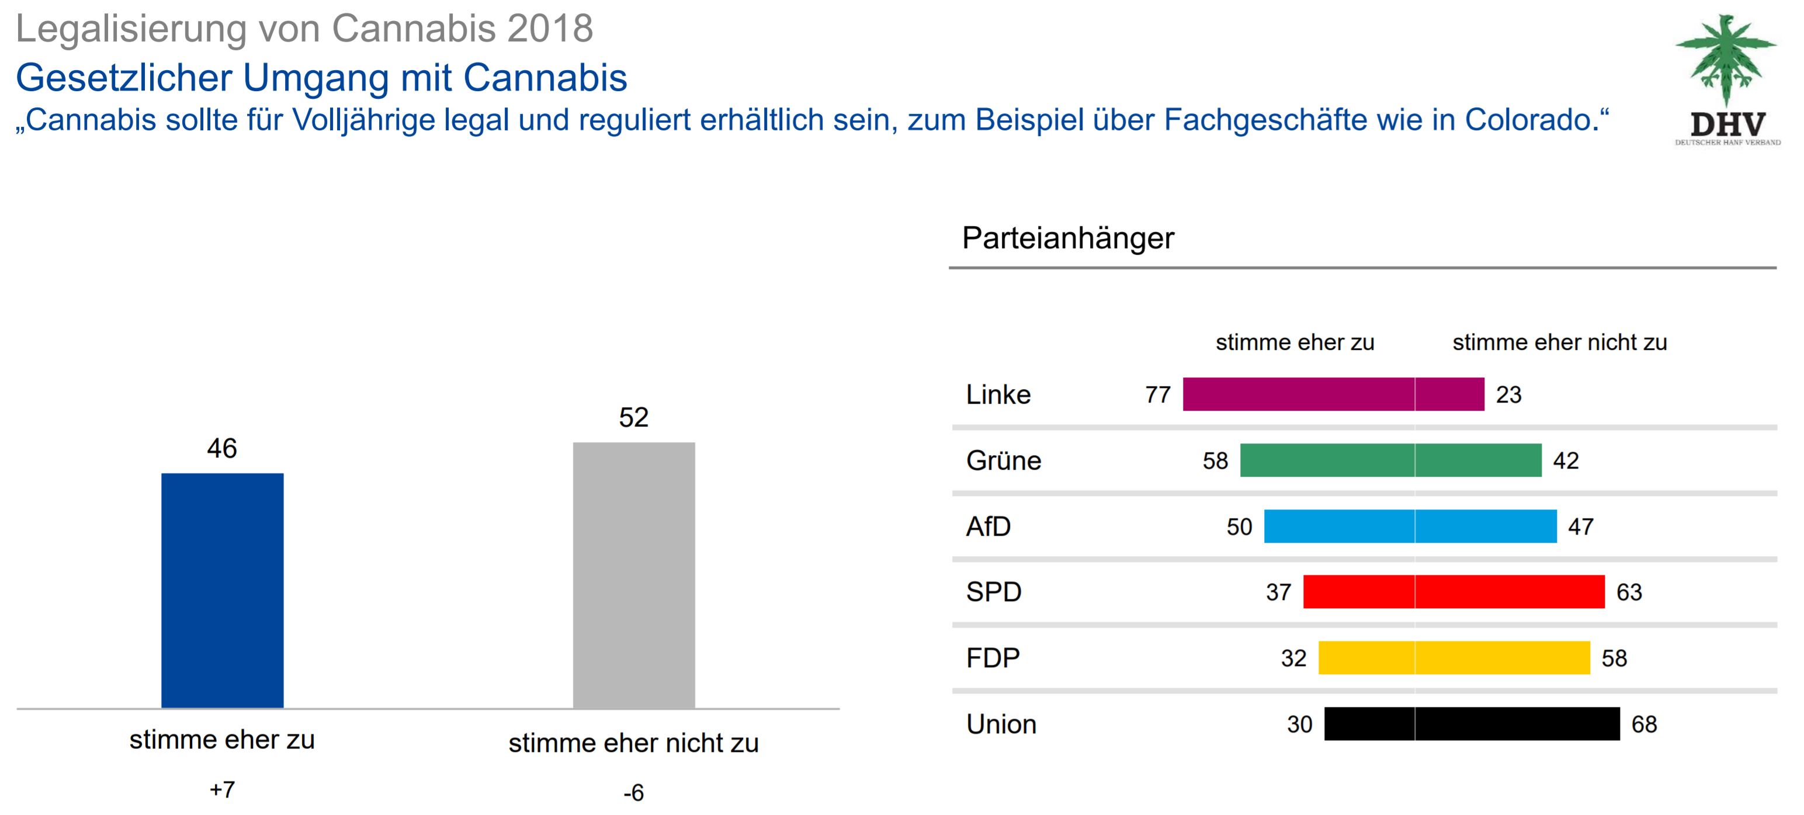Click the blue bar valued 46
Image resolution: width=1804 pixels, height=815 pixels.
coord(222,590)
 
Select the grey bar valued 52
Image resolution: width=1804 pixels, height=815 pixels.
coord(634,575)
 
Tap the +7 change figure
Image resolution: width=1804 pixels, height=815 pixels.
coord(222,790)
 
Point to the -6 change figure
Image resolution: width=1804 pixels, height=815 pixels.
coord(633,793)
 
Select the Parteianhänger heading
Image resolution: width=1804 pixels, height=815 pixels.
coord(1067,238)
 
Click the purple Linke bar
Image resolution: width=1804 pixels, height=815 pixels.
coord(1333,394)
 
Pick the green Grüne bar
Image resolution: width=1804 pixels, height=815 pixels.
coord(1390,460)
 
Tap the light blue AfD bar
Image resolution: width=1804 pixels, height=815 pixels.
coord(1410,526)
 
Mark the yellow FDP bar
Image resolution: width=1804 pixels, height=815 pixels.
coord(1454,657)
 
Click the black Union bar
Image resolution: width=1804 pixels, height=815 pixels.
coord(1472,723)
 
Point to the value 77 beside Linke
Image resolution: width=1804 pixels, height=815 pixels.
coord(1158,395)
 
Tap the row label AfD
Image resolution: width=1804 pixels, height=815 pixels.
coord(988,526)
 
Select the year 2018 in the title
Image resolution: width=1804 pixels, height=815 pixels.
coord(550,29)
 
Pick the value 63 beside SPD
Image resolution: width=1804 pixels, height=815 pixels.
coord(1629,592)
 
